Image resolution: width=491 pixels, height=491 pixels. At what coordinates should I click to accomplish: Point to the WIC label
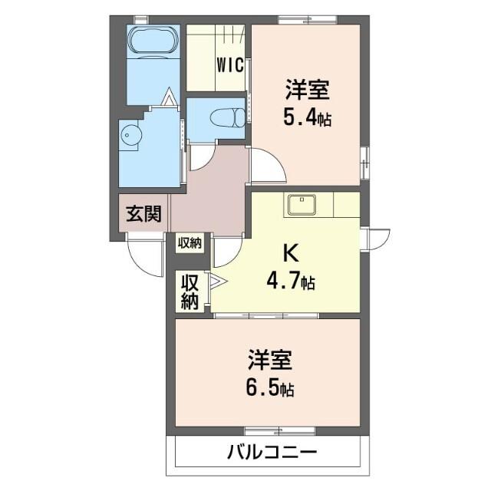tap(230, 64)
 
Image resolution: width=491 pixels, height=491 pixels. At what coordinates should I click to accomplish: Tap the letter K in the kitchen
tap(291, 253)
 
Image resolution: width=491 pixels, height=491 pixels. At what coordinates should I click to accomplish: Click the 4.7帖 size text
tap(290, 282)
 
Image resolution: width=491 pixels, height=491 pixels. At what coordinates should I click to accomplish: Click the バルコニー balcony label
tap(272, 451)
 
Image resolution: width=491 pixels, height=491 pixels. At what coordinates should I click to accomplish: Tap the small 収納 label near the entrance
tap(189, 244)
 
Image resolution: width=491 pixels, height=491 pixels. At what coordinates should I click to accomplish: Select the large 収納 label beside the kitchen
tap(189, 291)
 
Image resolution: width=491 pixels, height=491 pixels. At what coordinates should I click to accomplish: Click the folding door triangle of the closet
tap(214, 282)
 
